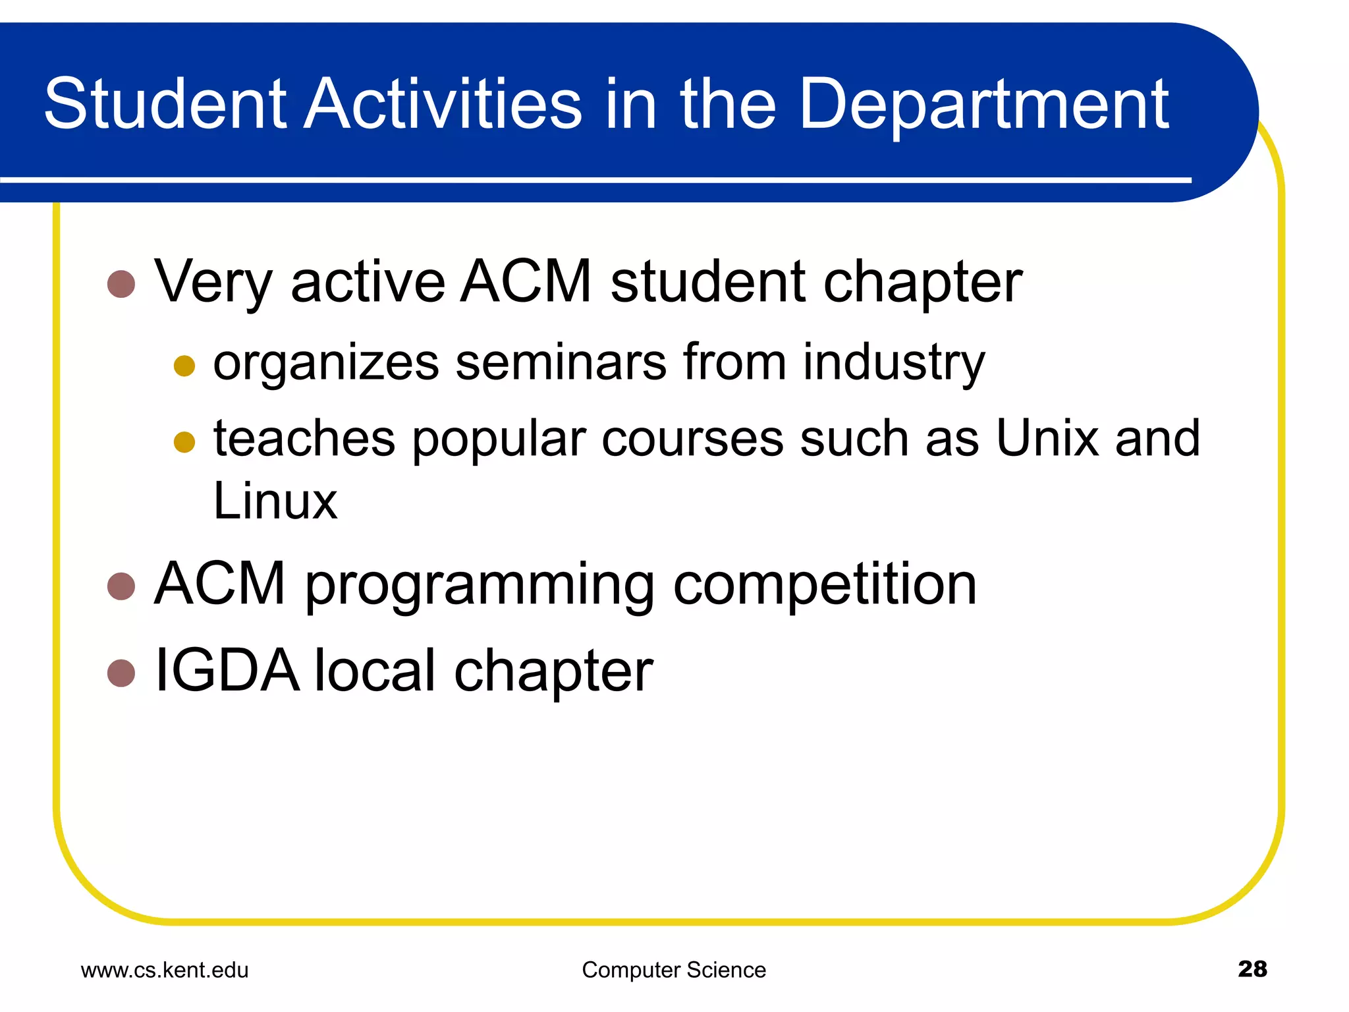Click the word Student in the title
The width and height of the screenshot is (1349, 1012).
pyautogui.click(x=165, y=103)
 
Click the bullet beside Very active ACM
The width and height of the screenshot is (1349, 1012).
pyautogui.click(x=121, y=284)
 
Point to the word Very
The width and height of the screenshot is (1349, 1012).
pyautogui.click(x=213, y=283)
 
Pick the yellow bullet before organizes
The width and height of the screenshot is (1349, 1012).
pyautogui.click(x=184, y=366)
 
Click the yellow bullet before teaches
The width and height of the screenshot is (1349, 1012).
pyautogui.click(x=184, y=442)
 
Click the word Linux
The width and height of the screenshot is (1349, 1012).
pyautogui.click(x=275, y=501)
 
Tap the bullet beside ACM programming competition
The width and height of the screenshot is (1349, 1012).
pyautogui.click(x=121, y=586)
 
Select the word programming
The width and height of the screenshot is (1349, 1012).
pyautogui.click(x=479, y=586)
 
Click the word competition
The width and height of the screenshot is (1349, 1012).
pyautogui.click(x=825, y=584)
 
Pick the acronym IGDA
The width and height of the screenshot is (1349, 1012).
pyautogui.click(x=226, y=671)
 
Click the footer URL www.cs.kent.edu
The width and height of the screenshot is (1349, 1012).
pyautogui.click(x=165, y=970)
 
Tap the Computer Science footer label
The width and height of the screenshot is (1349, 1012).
pyautogui.click(x=674, y=970)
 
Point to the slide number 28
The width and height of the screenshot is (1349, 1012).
pyautogui.click(x=1252, y=969)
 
